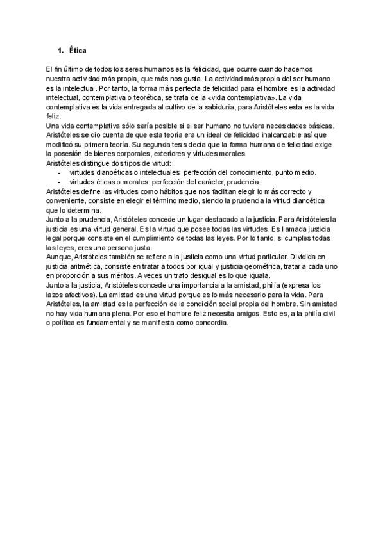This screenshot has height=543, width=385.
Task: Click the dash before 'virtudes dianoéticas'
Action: point(59,172)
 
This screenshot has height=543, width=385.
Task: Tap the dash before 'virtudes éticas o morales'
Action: point(59,182)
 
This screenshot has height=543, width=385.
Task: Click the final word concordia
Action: point(212,324)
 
